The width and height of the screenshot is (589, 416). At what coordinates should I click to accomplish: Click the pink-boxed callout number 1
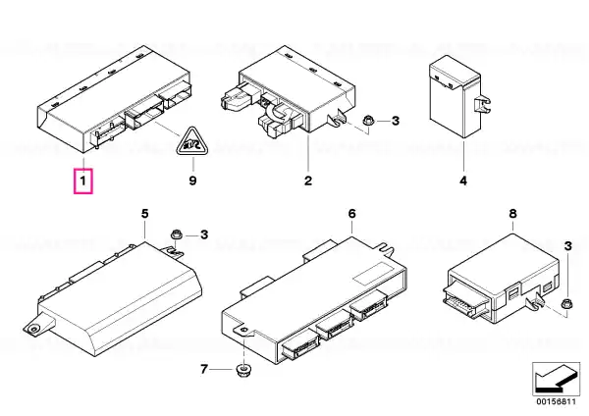(83, 182)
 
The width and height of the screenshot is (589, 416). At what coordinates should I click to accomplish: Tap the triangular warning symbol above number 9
(192, 141)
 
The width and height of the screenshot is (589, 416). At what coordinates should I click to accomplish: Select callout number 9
(192, 181)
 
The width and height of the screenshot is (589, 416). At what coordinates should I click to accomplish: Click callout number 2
(308, 181)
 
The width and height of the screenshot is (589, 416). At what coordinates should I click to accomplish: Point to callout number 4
(463, 181)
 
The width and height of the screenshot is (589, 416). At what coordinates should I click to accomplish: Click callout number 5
(145, 214)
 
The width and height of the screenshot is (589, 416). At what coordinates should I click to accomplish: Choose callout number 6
(352, 214)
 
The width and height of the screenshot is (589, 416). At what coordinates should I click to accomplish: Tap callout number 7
(203, 370)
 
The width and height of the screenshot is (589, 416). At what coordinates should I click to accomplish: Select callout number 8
(512, 214)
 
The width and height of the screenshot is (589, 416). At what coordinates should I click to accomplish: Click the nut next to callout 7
(243, 370)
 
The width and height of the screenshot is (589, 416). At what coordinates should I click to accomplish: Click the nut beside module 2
(368, 122)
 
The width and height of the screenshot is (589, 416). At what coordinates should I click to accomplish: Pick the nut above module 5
(176, 235)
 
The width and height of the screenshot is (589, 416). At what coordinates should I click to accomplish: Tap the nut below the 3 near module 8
(565, 303)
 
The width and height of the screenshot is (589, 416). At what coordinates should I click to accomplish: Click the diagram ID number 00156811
(556, 401)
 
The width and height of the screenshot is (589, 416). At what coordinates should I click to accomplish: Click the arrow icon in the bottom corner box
(556, 379)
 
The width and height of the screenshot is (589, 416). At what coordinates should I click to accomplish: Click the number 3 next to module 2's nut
(396, 121)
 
